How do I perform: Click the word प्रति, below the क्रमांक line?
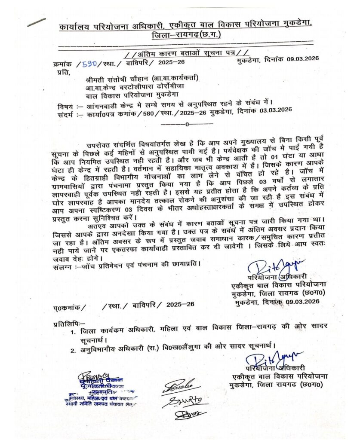pyautogui.click(x=62, y=71)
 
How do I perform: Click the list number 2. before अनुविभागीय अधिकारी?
pyautogui.click(x=74, y=351)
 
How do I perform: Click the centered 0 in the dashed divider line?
pyautogui.click(x=187, y=124)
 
